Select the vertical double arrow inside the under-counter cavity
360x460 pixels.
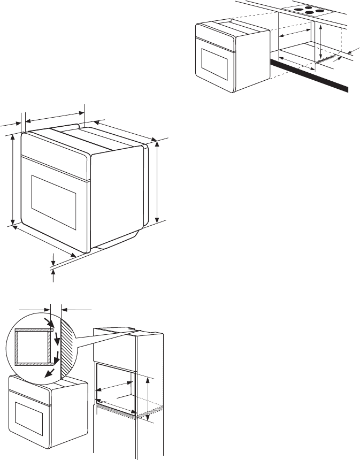319,42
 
